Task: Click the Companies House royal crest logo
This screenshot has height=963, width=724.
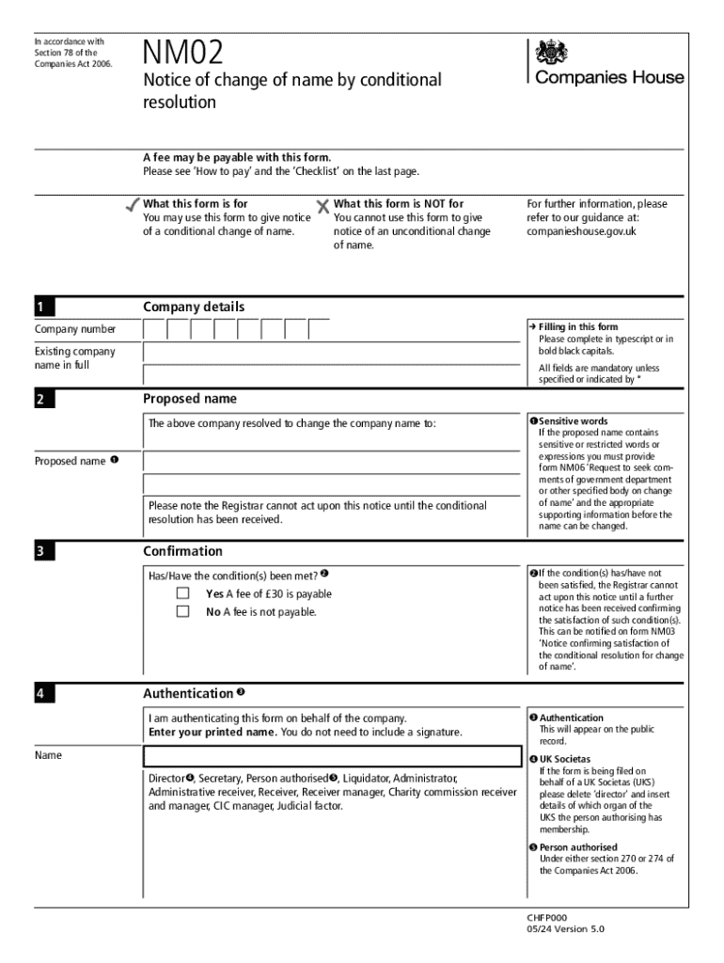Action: pos(546,52)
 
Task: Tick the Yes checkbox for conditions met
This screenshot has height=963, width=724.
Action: pos(183,594)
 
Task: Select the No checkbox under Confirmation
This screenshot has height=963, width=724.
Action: pos(183,612)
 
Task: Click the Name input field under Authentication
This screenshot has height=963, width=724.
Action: pos(331,756)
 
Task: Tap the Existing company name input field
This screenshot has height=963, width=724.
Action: pos(331,353)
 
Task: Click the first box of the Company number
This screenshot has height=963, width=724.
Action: pos(154,329)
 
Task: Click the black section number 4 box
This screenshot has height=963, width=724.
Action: pos(45,694)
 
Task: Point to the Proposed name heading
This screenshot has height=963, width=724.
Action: pos(190,399)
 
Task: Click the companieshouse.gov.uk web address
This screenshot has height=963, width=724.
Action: pos(581,231)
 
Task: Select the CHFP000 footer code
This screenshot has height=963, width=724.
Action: pos(547,918)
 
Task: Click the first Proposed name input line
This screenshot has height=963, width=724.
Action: pos(331,462)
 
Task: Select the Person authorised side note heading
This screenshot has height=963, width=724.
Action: pos(578,847)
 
